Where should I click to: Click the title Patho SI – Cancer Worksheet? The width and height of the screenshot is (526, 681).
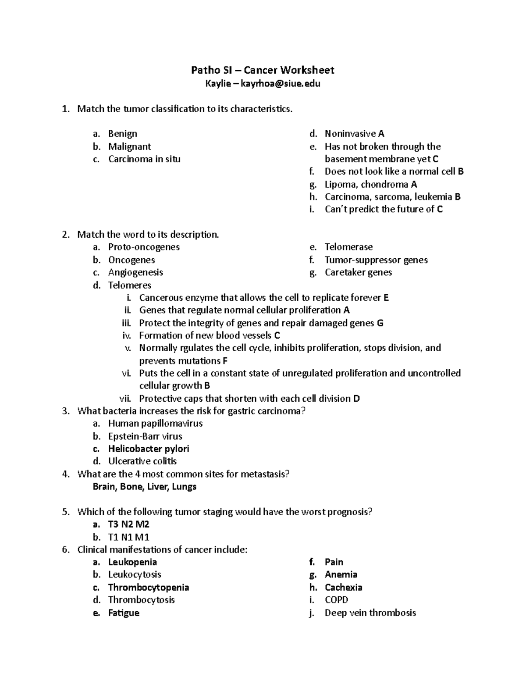pos(263,70)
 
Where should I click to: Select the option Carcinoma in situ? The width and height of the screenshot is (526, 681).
pos(144,159)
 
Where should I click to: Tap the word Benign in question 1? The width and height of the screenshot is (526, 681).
pos(123,134)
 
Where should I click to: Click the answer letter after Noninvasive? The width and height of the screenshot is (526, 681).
pos(381,134)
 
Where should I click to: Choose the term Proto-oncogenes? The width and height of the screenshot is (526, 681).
pos(144,247)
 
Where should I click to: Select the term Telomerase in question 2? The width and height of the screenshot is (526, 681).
pos(348,247)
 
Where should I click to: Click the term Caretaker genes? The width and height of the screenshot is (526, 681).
pos(358,272)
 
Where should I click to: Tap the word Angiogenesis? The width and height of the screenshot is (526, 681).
pos(135,272)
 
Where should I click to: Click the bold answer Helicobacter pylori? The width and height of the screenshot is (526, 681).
pos(149,449)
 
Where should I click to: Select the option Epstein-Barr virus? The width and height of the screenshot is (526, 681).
pos(145,436)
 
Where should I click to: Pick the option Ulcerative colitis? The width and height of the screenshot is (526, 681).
pos(142,461)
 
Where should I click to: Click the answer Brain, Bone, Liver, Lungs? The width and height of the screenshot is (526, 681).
pos(145,487)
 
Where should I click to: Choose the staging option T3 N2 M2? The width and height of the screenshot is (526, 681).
pos(129,524)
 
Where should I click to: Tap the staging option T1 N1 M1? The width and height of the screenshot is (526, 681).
pos(129,537)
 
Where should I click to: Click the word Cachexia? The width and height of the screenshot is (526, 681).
pos(343,588)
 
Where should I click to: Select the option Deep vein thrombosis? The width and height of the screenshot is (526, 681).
pos(370,613)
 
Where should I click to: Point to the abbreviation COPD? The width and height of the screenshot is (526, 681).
pos(336,600)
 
